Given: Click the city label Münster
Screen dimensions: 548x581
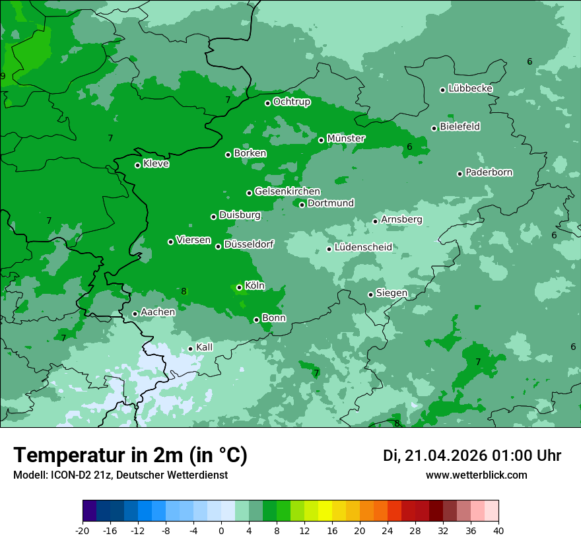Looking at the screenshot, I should (346, 139).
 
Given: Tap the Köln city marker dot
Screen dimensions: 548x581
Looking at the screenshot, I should (239, 287).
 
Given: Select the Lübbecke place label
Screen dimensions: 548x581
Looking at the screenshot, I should (470, 88).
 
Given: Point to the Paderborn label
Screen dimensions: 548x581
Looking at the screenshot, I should (489, 172).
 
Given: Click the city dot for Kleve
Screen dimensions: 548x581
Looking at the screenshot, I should (137, 165).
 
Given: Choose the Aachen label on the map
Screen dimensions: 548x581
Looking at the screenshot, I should (158, 312).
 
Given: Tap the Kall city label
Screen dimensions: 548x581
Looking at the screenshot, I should (204, 347).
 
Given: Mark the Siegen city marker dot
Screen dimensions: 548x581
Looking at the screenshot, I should (370, 294).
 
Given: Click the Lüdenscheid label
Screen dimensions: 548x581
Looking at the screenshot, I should (363, 248).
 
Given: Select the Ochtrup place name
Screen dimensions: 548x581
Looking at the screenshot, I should (291, 102).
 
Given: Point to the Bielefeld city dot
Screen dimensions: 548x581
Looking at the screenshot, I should (434, 128).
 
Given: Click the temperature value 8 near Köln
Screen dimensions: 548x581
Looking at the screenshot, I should (184, 291).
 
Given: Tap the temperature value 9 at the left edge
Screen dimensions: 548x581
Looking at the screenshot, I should (3, 77).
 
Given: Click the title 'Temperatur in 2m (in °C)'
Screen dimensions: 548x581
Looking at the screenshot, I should (130, 455).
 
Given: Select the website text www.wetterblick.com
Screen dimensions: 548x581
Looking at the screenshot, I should (476, 475).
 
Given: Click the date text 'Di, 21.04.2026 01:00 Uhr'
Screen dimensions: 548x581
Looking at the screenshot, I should (471, 456).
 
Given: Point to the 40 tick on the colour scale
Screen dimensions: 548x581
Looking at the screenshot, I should (498, 530).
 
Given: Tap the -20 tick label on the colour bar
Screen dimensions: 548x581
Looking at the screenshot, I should (82, 530).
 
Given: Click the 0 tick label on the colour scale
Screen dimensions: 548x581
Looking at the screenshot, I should (221, 530).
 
